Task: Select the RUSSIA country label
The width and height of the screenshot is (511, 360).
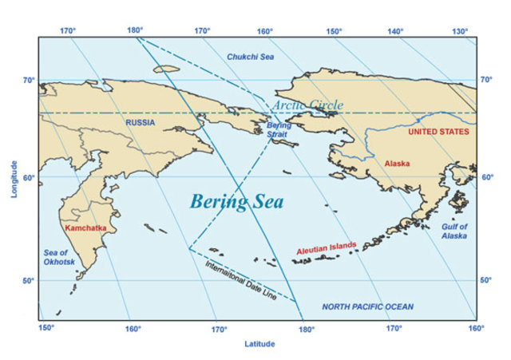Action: [x=141, y=122]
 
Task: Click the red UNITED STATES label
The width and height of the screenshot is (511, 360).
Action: [x=438, y=132]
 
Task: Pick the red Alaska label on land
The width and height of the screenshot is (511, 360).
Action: [x=397, y=163]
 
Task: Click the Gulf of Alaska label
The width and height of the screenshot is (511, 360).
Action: [x=454, y=231]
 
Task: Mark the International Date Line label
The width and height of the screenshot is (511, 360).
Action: [x=241, y=280]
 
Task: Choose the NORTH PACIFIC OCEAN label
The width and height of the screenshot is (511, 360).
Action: [x=368, y=307]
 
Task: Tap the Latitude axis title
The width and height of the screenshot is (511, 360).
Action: [x=259, y=344]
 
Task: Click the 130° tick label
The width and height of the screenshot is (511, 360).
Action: [x=460, y=31]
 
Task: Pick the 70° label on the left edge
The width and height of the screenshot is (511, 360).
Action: [x=28, y=80]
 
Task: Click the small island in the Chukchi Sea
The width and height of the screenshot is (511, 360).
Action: [x=167, y=69]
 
